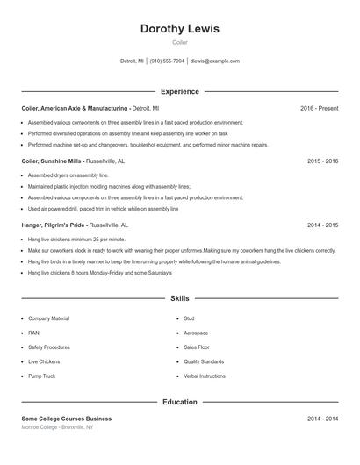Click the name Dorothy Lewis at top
[180, 29]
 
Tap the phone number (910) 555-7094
[167, 61]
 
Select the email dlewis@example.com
[215, 61]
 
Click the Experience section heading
[180, 91]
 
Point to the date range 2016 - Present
[319, 108]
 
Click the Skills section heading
[180, 299]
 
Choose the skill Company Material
[48, 318]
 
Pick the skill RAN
[33, 333]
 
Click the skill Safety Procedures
[49, 347]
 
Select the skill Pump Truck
[41, 376]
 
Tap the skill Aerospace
[196, 333]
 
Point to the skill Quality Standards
[204, 361]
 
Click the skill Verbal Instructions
[205, 376]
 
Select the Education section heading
[180, 402]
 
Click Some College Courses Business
[67, 418]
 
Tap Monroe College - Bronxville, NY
[57, 427]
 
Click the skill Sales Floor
[198, 347]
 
